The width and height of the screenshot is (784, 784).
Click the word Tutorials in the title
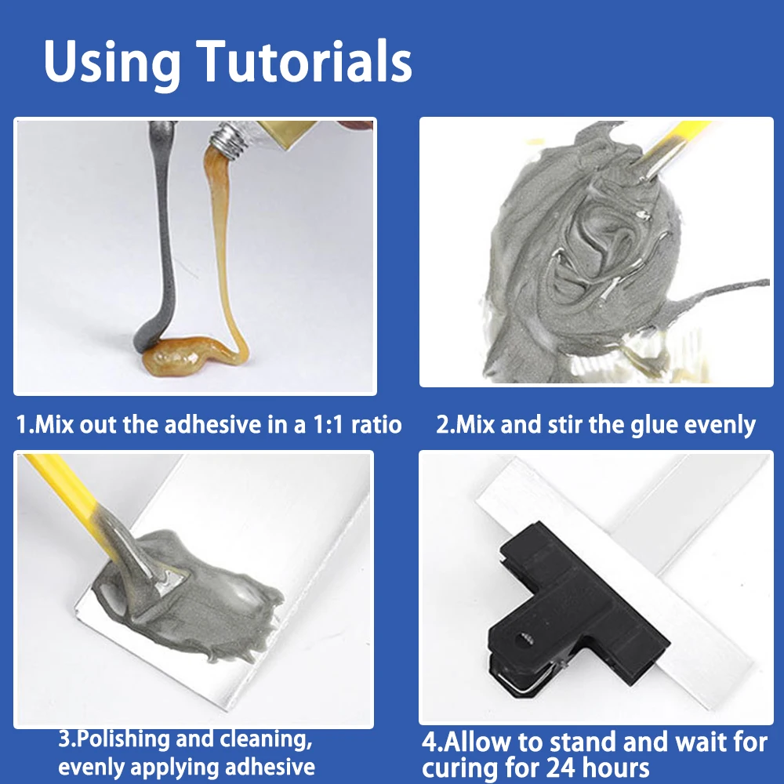(304, 61)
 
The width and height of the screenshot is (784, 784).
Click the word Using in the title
(112, 65)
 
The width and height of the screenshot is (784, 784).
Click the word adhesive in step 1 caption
(213, 425)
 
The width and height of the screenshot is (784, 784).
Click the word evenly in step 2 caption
(720, 426)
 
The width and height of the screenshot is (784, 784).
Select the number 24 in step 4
(561, 768)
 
